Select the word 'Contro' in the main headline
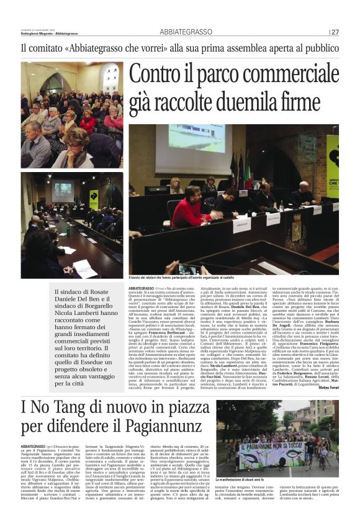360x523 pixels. click(x=159, y=75)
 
